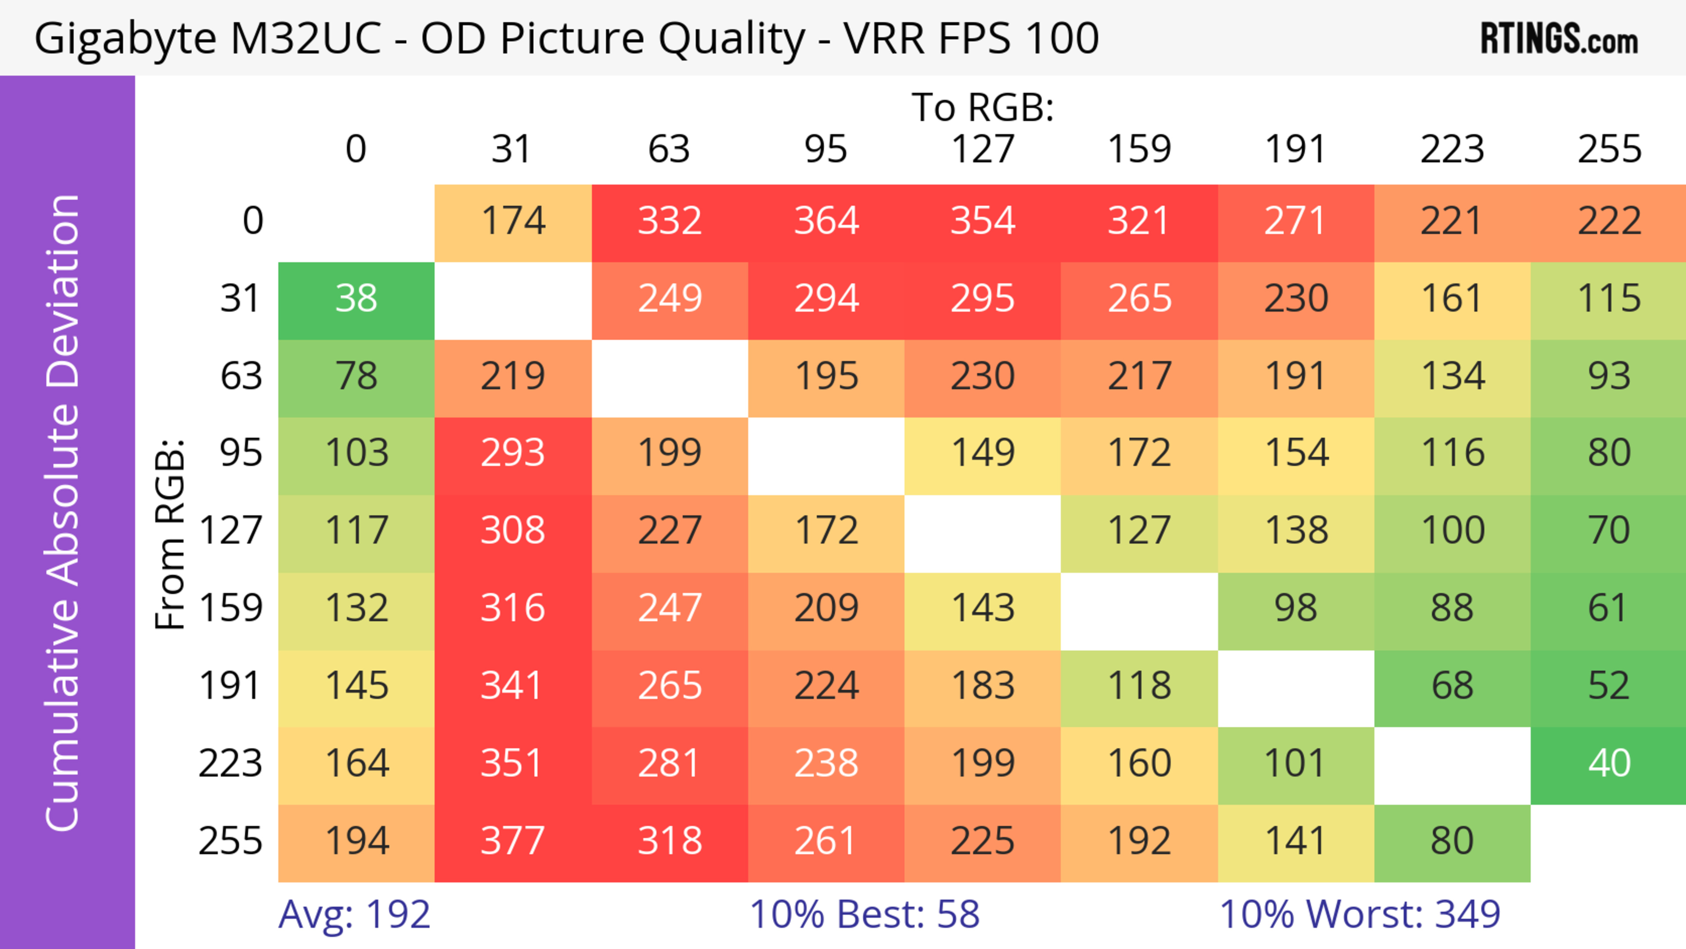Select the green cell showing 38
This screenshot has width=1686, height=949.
(x=356, y=299)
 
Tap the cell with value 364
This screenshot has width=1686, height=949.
(x=826, y=221)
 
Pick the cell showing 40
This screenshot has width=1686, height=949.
(x=1609, y=764)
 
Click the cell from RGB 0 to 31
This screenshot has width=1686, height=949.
(x=512, y=221)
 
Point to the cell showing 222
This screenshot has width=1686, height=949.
(x=1609, y=221)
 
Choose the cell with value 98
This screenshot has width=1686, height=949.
(x=1295, y=609)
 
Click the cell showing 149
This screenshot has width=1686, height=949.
(x=983, y=454)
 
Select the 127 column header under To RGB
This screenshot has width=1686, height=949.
(x=983, y=149)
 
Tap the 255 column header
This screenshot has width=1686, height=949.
(x=1609, y=149)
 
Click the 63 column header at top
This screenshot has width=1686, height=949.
(x=669, y=149)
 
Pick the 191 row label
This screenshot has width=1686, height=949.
(x=231, y=686)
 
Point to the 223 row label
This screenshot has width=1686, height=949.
(x=231, y=764)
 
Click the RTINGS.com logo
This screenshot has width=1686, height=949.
(x=1559, y=39)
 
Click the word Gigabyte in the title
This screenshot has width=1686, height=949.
(x=124, y=39)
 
